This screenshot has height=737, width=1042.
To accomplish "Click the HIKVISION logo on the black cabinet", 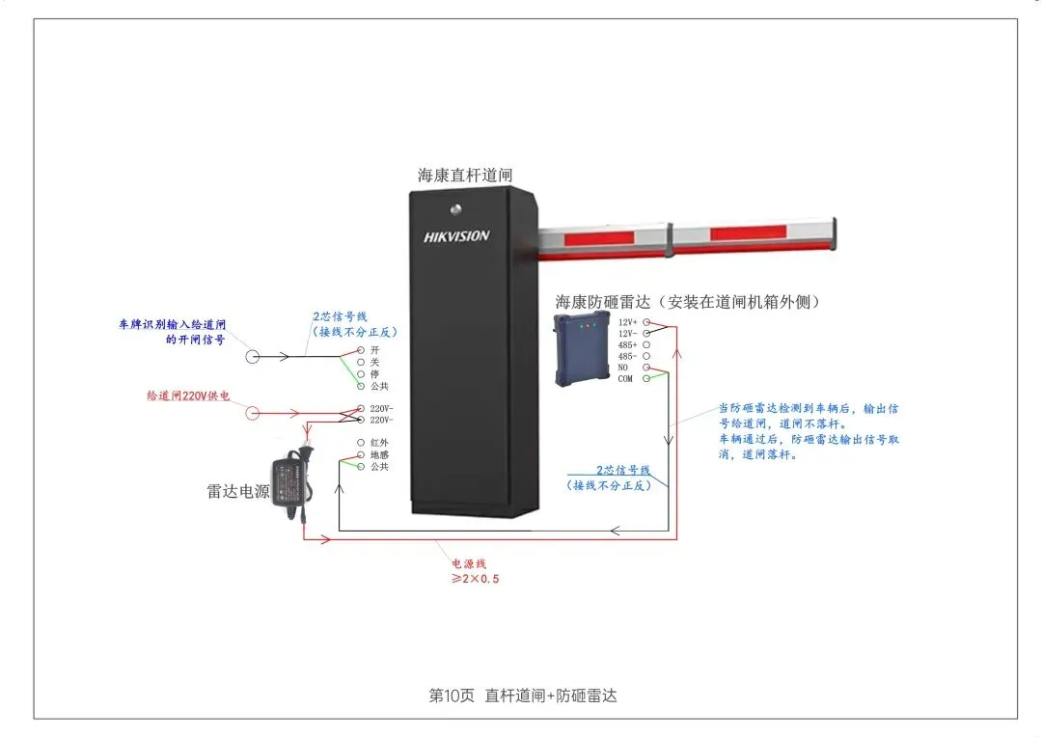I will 456,236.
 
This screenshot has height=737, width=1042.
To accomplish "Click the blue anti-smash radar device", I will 581,348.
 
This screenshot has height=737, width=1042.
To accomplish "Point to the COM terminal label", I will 625,379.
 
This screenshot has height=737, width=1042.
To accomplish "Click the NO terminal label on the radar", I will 623,368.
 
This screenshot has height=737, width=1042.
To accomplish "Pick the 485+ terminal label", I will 627,344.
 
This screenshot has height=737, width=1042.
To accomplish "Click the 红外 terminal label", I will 379,442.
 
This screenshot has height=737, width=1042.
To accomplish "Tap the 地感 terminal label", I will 379,454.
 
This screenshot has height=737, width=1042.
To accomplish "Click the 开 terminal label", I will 374,349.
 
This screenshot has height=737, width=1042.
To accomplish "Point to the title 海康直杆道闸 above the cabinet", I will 465,176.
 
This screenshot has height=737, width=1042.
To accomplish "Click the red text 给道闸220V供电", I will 188,396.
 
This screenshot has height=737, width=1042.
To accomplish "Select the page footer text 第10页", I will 452,696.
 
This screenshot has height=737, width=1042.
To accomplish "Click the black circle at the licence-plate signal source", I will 254,356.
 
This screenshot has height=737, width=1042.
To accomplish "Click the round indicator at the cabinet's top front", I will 455,205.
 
